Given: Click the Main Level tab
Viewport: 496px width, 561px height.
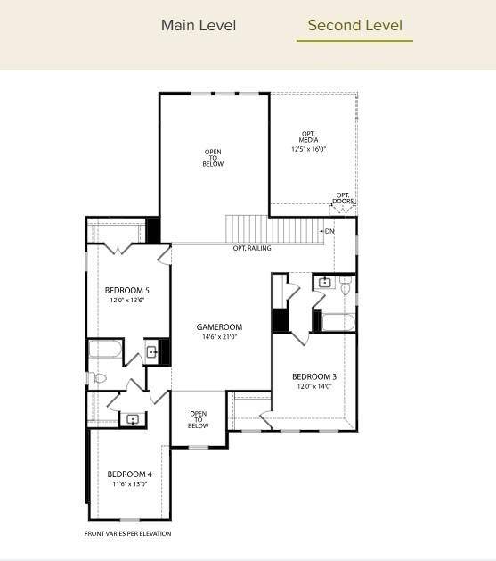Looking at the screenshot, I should click(199, 25).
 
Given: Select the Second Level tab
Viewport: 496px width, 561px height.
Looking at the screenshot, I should click(354, 25).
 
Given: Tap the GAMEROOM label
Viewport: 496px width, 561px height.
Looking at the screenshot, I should click(219, 327).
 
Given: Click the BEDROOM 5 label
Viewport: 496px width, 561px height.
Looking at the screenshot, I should click(126, 291).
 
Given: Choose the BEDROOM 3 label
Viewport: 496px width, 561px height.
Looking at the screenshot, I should click(314, 376).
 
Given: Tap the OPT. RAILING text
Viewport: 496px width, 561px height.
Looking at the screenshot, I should click(252, 248).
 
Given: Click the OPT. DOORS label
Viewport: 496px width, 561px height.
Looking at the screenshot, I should click(343, 198).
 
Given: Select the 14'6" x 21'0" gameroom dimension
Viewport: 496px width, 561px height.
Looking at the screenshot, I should click(219, 337).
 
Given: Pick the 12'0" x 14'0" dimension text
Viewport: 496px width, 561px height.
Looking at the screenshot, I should click(314, 386).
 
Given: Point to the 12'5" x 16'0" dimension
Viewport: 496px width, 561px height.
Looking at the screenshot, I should click(309, 150).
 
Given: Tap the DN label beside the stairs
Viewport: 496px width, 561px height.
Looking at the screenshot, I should click(329, 232).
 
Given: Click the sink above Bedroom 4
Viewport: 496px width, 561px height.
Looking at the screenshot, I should click(133, 418).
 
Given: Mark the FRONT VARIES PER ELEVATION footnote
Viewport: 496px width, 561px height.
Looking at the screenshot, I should click(127, 533).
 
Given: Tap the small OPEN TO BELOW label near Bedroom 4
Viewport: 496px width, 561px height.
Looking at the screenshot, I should click(198, 420).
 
